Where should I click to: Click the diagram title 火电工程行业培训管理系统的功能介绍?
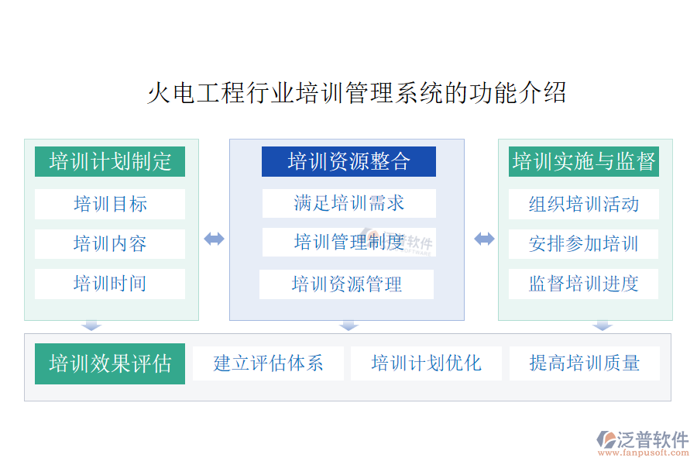356,93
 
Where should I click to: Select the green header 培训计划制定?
110,161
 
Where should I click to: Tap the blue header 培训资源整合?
348,161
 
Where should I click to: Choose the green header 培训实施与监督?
584,161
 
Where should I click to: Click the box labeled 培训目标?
110,204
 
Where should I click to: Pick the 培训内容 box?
110,244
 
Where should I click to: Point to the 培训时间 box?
110,284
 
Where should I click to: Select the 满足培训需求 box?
349,203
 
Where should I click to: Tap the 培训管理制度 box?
349,242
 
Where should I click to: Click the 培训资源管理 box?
346,284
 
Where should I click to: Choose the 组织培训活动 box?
584,204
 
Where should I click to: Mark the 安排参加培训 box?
584,244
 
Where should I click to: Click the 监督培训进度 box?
584,284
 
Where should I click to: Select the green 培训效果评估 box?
110,363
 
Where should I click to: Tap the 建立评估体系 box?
268,363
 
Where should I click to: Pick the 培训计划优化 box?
426,363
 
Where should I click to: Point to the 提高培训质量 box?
585,363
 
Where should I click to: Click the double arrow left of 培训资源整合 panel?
214,239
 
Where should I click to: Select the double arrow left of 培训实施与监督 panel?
484,239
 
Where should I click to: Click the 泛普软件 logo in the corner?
642,443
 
